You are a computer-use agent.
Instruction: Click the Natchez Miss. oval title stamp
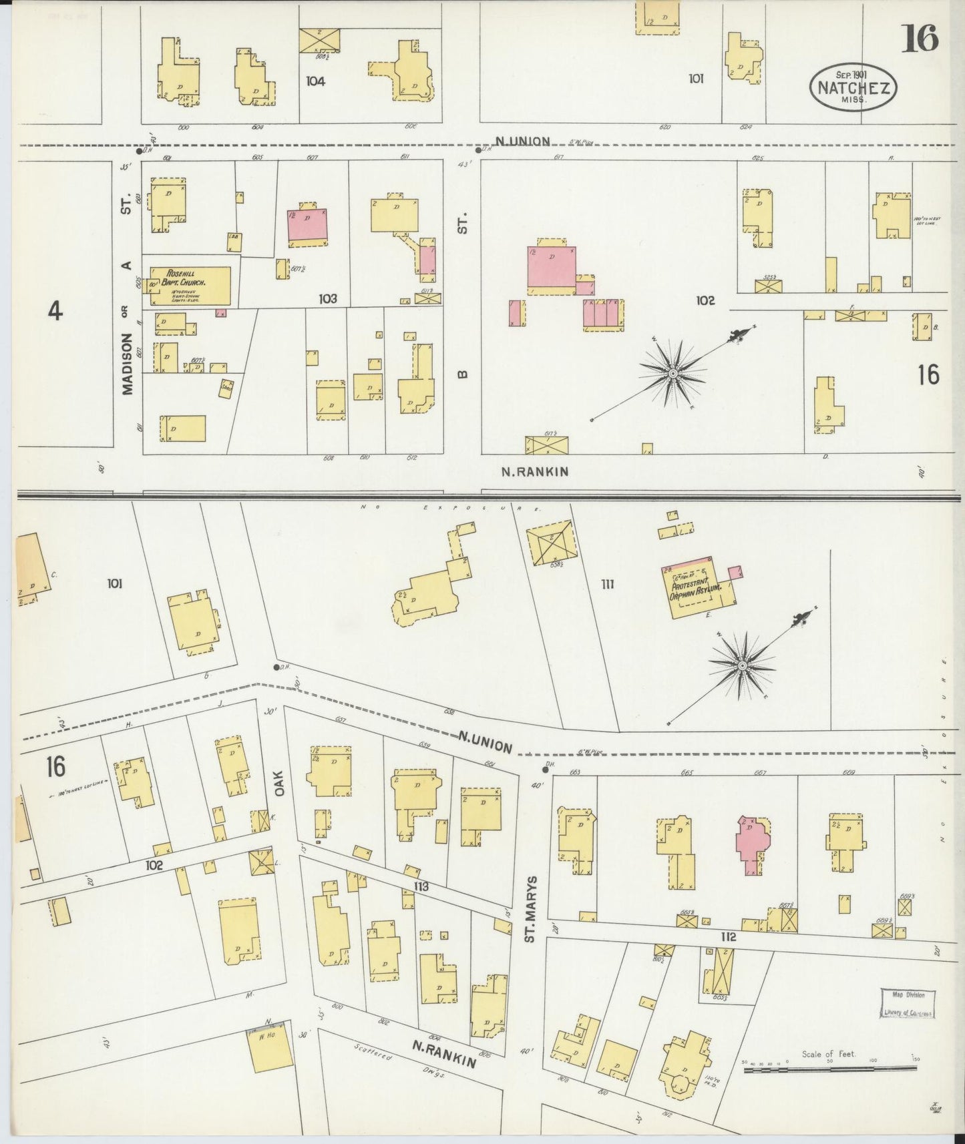coord(853,87)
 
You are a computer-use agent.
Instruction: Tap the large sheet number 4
coord(55,311)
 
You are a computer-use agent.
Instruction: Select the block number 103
coord(327,299)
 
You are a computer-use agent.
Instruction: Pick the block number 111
coord(607,585)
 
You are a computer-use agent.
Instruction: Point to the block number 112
coord(728,936)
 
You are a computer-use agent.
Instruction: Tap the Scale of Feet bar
coord(828,1070)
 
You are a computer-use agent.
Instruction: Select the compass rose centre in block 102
coord(673,372)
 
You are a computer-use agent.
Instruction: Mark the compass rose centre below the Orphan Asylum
coord(742,666)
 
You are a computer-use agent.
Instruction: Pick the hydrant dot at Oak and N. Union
coord(276,667)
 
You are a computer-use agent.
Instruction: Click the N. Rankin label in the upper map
coord(535,471)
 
